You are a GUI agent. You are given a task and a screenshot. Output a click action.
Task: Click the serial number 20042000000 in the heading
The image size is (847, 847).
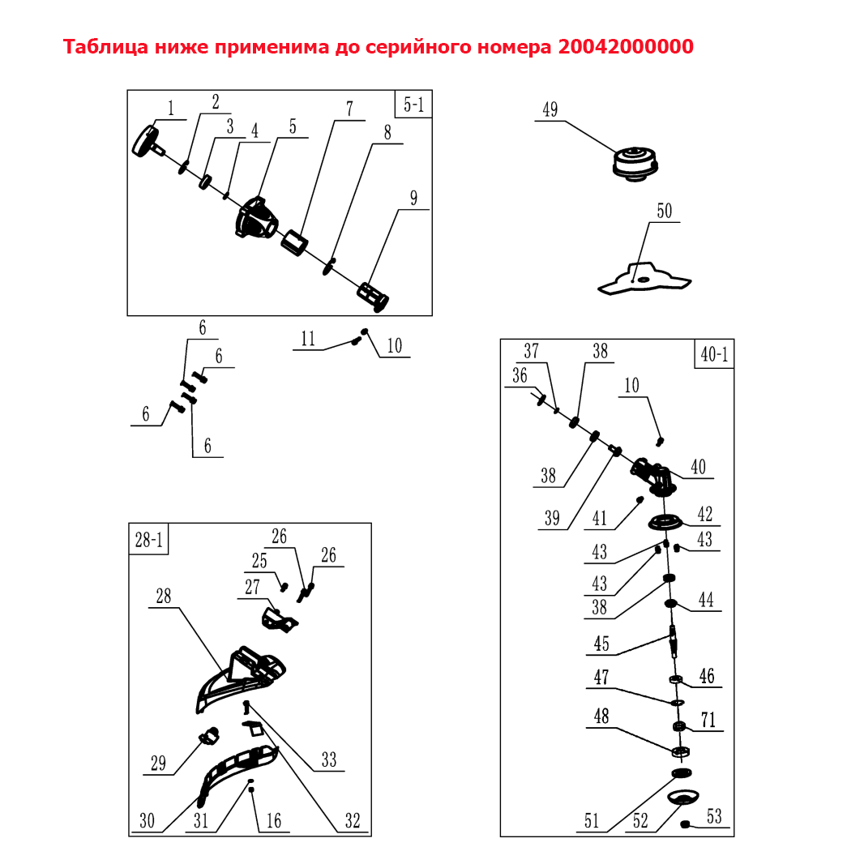pyautogui.click(x=626, y=47)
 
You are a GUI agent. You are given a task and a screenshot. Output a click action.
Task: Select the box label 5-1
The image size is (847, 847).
pyautogui.click(x=414, y=105)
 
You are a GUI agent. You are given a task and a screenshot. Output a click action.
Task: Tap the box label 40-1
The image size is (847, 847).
pyautogui.click(x=714, y=354)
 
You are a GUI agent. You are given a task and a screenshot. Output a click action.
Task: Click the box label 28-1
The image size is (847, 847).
pyautogui.click(x=148, y=539)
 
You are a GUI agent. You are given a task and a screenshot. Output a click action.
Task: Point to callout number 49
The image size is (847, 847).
pyautogui.click(x=550, y=109)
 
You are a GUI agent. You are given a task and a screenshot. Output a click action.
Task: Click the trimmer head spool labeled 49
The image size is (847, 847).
pyautogui.click(x=635, y=163)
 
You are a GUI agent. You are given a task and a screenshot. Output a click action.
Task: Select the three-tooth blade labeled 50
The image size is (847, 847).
pyautogui.click(x=644, y=278)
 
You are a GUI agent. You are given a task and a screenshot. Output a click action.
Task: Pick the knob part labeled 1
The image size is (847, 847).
pyautogui.click(x=148, y=142)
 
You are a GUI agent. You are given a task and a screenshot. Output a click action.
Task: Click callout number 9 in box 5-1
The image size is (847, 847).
pyautogui.click(x=414, y=199)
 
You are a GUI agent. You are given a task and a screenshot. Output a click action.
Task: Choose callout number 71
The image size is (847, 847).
pyautogui.click(x=708, y=720)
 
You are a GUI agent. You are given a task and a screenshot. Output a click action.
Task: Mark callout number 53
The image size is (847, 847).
pyautogui.click(x=714, y=816)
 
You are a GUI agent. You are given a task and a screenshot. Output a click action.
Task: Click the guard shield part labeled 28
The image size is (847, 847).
pyautogui.click(x=241, y=679)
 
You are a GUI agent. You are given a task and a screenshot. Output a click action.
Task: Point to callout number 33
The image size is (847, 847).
pyautogui.click(x=329, y=759)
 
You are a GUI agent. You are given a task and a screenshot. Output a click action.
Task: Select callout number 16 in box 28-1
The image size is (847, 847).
pyautogui.click(x=274, y=820)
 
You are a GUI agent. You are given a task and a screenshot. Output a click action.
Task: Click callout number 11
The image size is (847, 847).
pyautogui.click(x=308, y=339)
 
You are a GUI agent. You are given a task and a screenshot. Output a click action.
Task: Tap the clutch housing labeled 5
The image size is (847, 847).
pyautogui.click(x=257, y=218)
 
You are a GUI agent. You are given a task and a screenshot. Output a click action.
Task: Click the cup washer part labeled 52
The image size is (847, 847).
pyautogui.click(x=683, y=797)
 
